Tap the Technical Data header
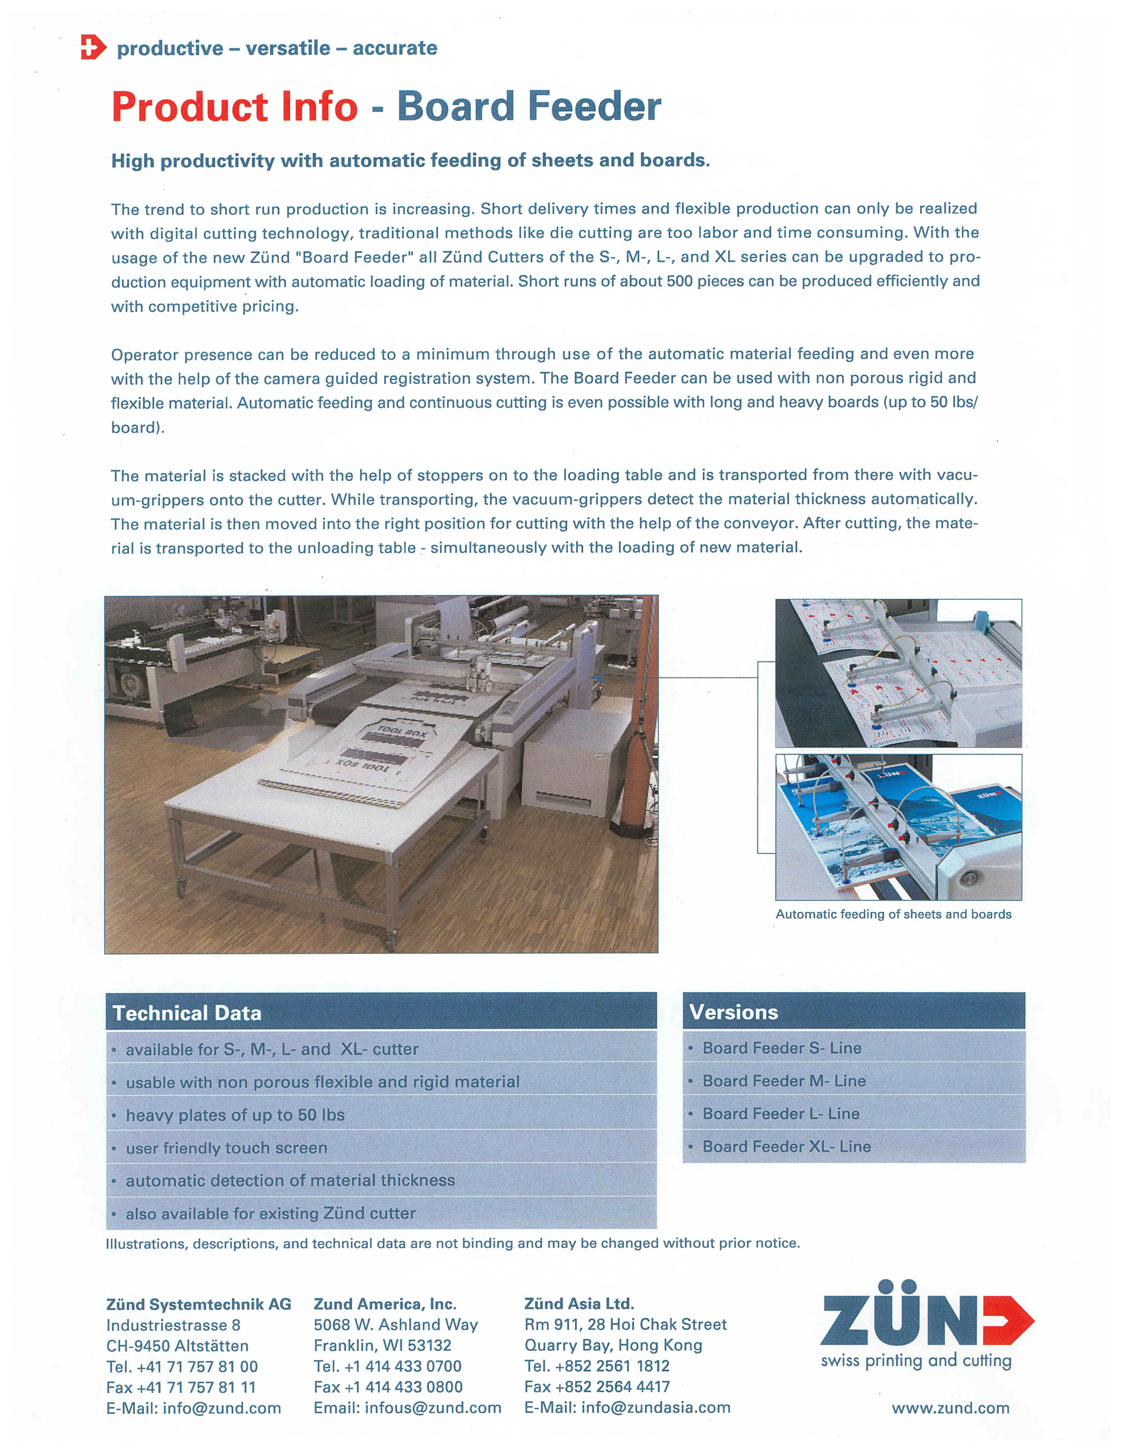click(187, 1013)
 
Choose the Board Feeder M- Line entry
click(784, 1081)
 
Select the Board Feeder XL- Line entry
click(786, 1147)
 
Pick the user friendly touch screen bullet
click(227, 1148)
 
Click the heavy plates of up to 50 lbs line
click(235, 1115)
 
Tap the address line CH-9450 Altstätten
click(177, 1346)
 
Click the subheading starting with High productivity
click(410, 161)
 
